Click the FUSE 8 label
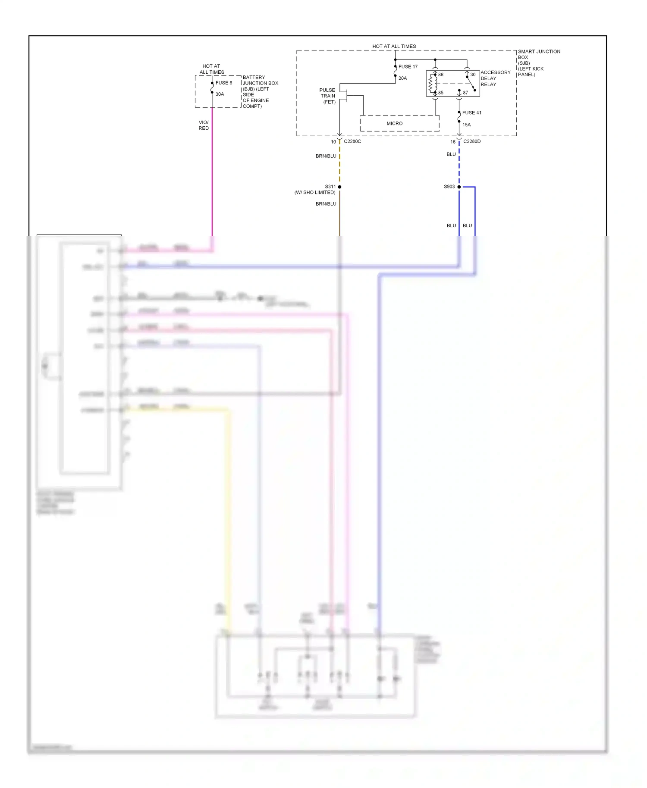click(223, 83)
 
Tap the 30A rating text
click(220, 94)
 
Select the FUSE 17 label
click(408, 66)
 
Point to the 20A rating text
click(402, 78)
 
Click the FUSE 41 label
click(471, 113)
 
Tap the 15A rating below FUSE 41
click(466, 125)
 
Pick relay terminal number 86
click(440, 75)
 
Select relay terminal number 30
click(472, 75)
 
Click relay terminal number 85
click(440, 93)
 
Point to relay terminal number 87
click(465, 93)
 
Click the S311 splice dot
click(339, 187)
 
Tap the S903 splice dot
click(459, 187)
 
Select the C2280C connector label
click(352, 141)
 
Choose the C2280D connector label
click(471, 141)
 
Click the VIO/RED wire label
click(204, 125)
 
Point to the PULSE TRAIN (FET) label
click(328, 96)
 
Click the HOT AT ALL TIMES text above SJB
click(394, 46)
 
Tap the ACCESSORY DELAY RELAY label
click(495, 78)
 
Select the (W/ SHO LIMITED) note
click(314, 192)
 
